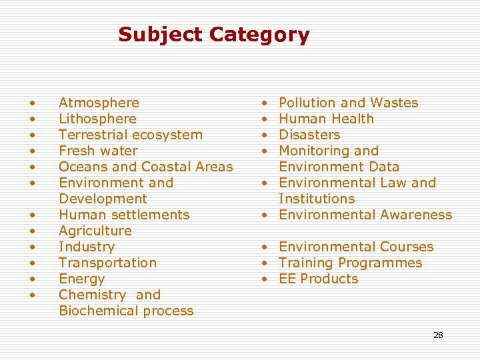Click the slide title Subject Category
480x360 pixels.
coord(213,35)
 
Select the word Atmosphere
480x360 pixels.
coord(99,103)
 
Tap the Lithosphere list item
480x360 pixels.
coord(97,119)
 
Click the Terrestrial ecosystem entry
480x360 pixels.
coord(131,135)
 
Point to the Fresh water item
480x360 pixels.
coord(98,151)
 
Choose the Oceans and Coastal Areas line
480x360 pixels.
coord(145,167)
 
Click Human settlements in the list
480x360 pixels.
coord(124,215)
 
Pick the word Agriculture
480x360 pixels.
coord(95,231)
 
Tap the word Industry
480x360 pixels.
coord(87,247)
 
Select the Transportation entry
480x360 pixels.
coord(107,263)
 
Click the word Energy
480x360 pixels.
coord(81,279)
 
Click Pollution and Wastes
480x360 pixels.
coord(348,103)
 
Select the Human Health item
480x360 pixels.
coord(326,119)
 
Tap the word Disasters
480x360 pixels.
coord(309,135)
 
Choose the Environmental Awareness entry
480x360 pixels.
coord(365,215)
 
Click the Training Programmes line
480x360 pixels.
coord(350,263)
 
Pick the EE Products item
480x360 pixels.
coord(318,279)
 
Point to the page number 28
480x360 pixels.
coord(438,335)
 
